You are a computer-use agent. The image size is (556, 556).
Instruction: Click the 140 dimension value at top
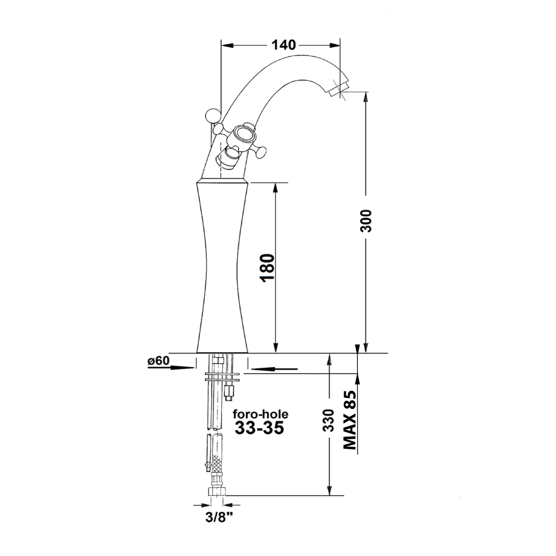(283, 45)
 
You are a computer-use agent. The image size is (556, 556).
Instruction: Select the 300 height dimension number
(366, 221)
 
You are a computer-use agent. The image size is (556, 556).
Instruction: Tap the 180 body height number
(268, 268)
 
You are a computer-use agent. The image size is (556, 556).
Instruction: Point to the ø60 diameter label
(159, 361)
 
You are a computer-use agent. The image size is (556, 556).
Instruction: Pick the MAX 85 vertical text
(350, 420)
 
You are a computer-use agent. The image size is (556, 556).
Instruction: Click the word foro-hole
(261, 414)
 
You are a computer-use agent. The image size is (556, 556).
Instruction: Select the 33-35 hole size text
(260, 428)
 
